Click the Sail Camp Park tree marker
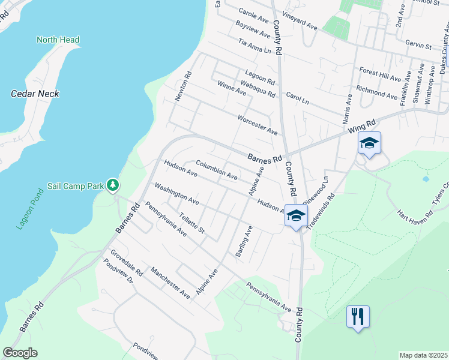tap(112, 185)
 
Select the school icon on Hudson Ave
tap(295, 216)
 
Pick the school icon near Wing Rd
tap(369, 143)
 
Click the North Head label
tap(58, 40)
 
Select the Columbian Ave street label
tap(217, 171)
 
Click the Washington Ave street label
tap(176, 193)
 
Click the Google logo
tap(20, 353)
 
